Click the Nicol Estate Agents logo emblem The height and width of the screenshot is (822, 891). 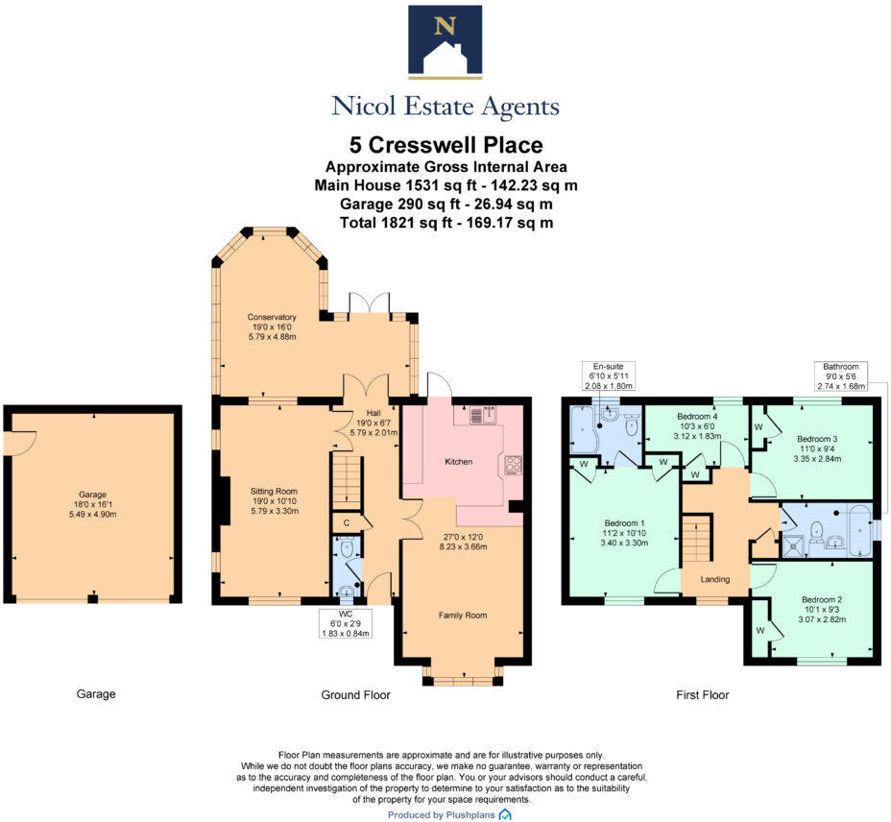click(445, 41)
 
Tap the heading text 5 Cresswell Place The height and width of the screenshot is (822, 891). click(445, 146)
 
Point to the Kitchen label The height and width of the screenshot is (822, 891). click(458, 462)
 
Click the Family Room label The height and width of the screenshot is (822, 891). click(463, 615)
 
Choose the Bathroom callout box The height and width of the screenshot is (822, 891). click(841, 375)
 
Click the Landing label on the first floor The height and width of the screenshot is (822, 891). click(715, 579)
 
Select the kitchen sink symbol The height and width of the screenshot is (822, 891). click(482, 416)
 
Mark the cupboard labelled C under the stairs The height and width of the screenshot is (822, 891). click(347, 522)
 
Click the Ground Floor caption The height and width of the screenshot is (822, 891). click(356, 694)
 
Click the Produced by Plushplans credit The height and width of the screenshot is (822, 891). click(449, 814)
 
